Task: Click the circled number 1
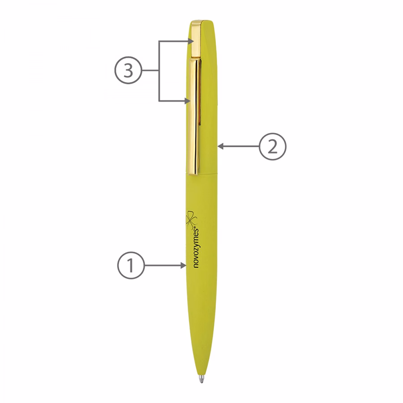[x=131, y=266]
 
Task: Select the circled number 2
[x=272, y=146]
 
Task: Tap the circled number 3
[x=128, y=70]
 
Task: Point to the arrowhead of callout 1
[x=183, y=266]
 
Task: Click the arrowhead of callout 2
[x=221, y=146]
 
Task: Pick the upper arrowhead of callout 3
[x=191, y=41]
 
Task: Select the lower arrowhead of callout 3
[x=188, y=101]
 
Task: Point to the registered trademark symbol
[x=197, y=228]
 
